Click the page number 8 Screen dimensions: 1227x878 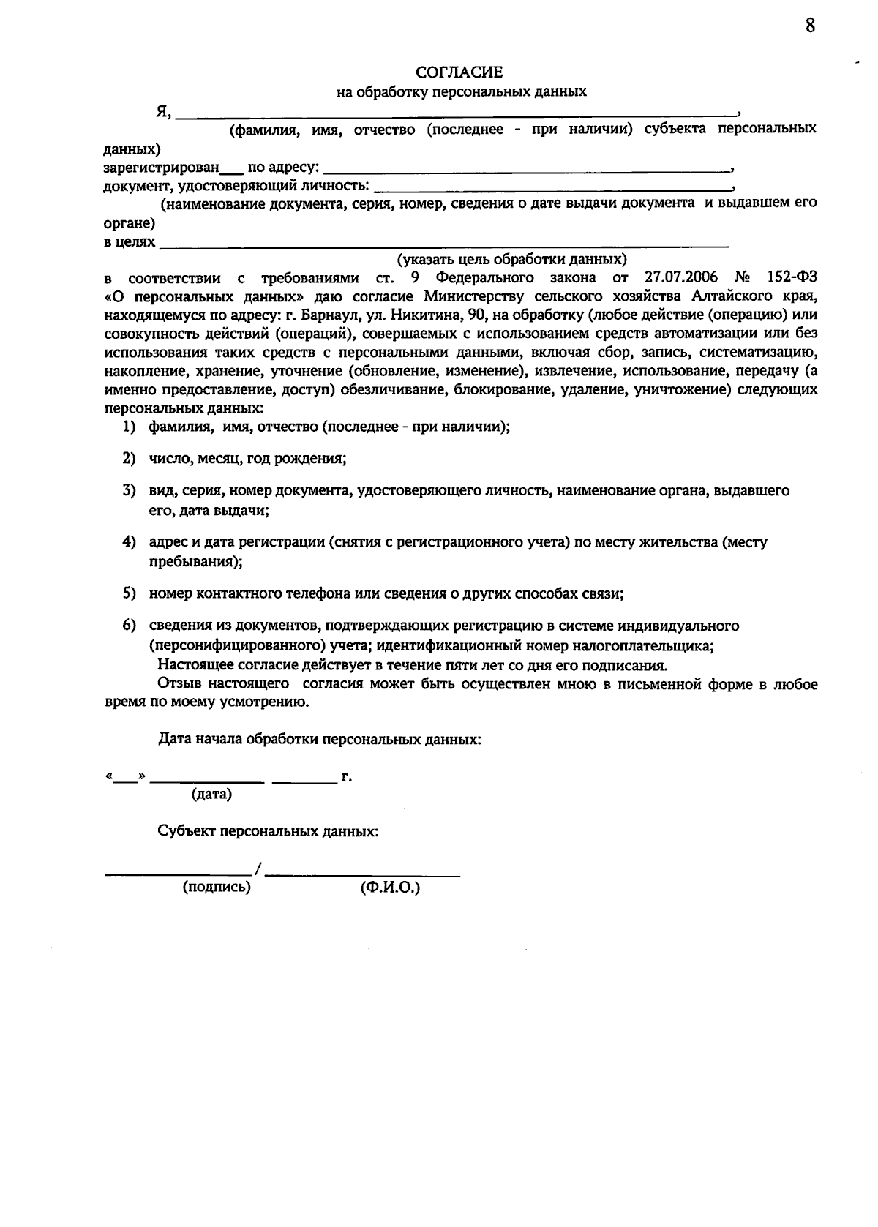[810, 26]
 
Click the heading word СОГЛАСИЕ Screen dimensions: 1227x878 [459, 72]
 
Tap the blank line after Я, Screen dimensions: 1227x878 [457, 114]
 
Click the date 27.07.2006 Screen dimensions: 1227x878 [681, 278]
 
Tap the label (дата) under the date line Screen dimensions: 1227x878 [211, 795]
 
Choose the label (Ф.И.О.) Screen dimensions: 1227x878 [390, 888]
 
